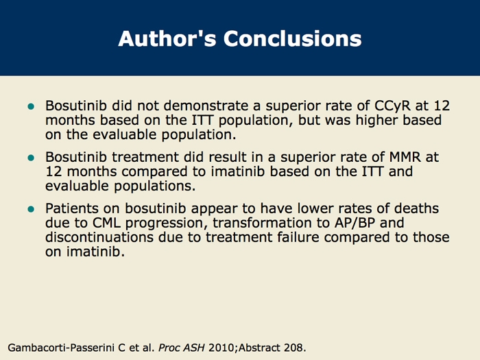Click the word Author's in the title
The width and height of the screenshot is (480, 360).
(x=167, y=38)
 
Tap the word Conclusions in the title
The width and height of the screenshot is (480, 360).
(x=293, y=38)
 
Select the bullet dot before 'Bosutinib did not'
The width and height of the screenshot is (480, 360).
(x=31, y=106)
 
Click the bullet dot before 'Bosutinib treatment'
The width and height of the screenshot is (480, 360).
(x=31, y=158)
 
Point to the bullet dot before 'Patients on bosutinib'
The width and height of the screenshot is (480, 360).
(x=31, y=209)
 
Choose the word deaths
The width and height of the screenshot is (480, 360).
(x=416, y=208)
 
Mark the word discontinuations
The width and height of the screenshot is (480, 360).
(x=99, y=237)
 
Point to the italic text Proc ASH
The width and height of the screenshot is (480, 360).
(x=181, y=348)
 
